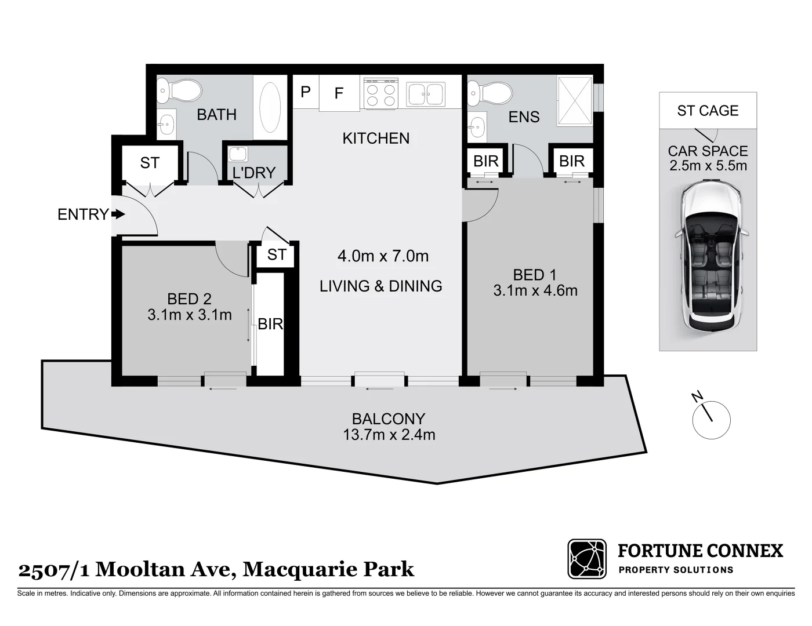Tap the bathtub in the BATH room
[x=270, y=107]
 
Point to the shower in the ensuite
[x=574, y=100]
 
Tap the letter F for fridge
[x=339, y=93]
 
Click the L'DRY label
[x=254, y=173]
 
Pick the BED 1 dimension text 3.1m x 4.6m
[x=535, y=290]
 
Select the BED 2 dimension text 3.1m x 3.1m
[x=190, y=315]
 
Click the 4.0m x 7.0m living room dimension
[x=383, y=256]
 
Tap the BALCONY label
[x=389, y=418]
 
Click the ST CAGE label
[x=708, y=111]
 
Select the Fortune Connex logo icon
[x=587, y=559]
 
